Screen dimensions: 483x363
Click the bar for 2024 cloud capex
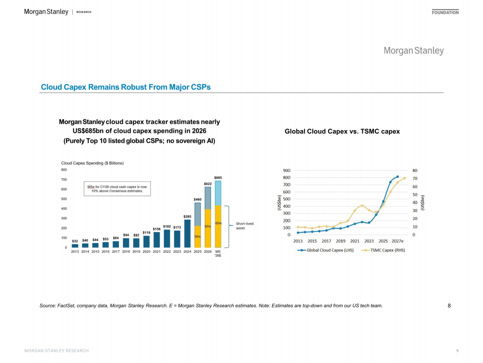point(187,233)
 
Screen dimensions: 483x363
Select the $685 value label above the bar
point(218,178)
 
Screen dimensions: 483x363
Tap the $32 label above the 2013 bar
point(75,241)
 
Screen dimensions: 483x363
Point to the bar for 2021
point(157,240)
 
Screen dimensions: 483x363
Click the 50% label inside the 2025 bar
point(197,237)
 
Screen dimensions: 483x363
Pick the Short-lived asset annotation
point(245,226)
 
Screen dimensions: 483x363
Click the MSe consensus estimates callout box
point(117,189)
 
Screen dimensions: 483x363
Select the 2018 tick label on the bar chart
point(126,252)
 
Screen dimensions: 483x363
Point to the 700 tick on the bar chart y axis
point(64,180)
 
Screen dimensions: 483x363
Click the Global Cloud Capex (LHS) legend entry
point(326,250)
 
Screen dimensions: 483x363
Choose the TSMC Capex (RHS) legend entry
point(383,250)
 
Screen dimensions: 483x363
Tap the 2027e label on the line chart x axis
point(397,241)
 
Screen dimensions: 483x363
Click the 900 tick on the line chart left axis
point(287,171)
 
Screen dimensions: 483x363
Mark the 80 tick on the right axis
point(415,171)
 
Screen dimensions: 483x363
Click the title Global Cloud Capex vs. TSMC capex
point(342,131)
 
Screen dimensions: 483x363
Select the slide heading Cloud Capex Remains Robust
point(126,87)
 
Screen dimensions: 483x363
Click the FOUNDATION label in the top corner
point(445,12)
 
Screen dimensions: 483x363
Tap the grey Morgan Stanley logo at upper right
point(414,51)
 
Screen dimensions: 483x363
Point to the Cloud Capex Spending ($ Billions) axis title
point(92,163)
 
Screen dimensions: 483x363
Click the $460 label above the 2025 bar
point(197,199)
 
